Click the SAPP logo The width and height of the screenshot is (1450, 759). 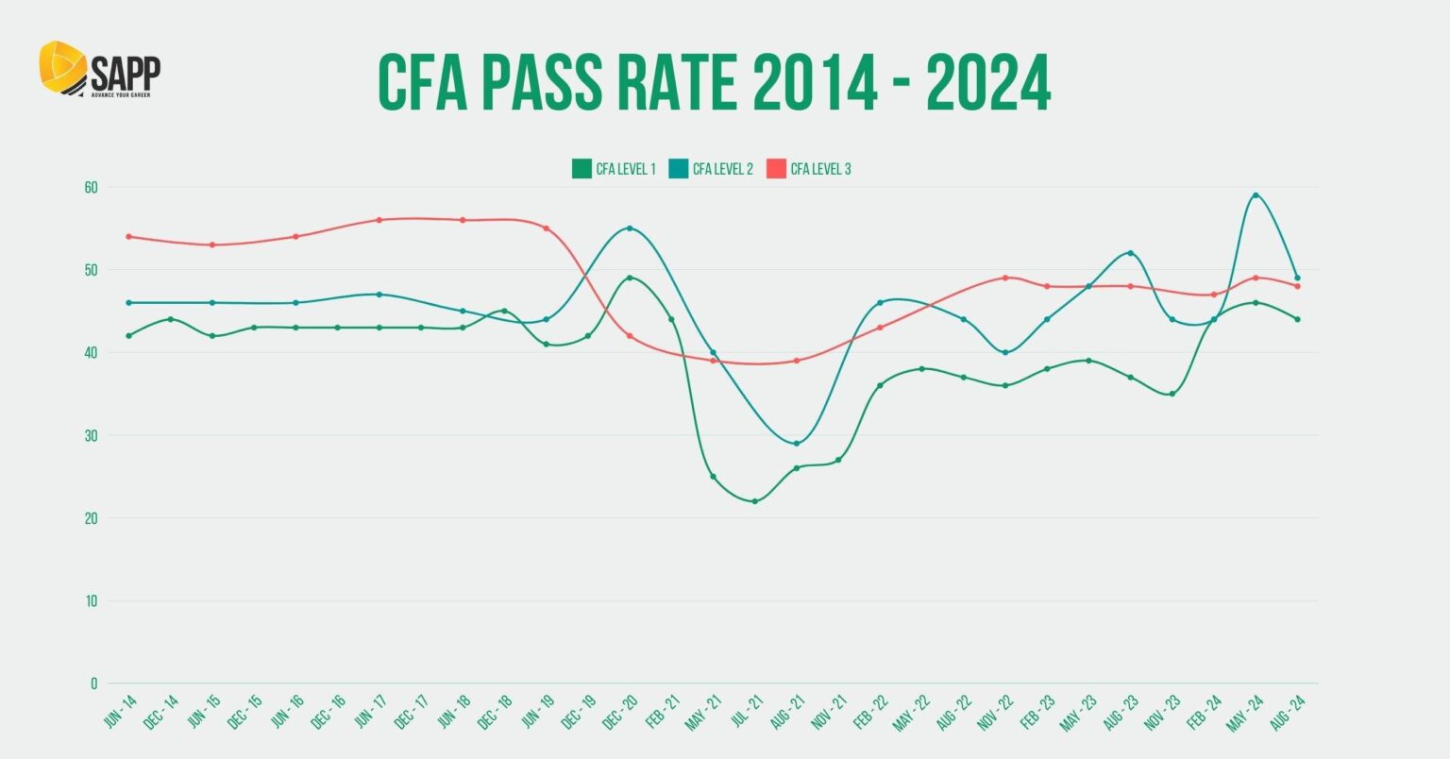click(x=99, y=69)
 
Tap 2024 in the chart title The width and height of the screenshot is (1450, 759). click(x=987, y=83)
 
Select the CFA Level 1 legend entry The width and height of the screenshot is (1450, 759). click(x=614, y=170)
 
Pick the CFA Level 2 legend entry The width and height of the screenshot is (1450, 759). click(x=711, y=170)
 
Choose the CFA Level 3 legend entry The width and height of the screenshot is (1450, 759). click(x=809, y=170)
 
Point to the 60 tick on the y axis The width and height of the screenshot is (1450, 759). click(x=91, y=187)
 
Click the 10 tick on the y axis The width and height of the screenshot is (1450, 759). click(x=91, y=600)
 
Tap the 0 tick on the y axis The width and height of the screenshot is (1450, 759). click(x=93, y=683)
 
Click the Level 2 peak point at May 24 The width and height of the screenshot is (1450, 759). click(x=1256, y=195)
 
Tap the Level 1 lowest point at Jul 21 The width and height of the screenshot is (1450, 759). click(x=755, y=501)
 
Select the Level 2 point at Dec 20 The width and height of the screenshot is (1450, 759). click(x=630, y=228)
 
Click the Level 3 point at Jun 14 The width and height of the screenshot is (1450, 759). click(x=128, y=237)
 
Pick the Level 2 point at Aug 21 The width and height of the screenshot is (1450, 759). click(x=797, y=444)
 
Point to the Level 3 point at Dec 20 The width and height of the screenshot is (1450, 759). click(x=630, y=336)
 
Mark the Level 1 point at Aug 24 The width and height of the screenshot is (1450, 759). click(x=1298, y=319)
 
